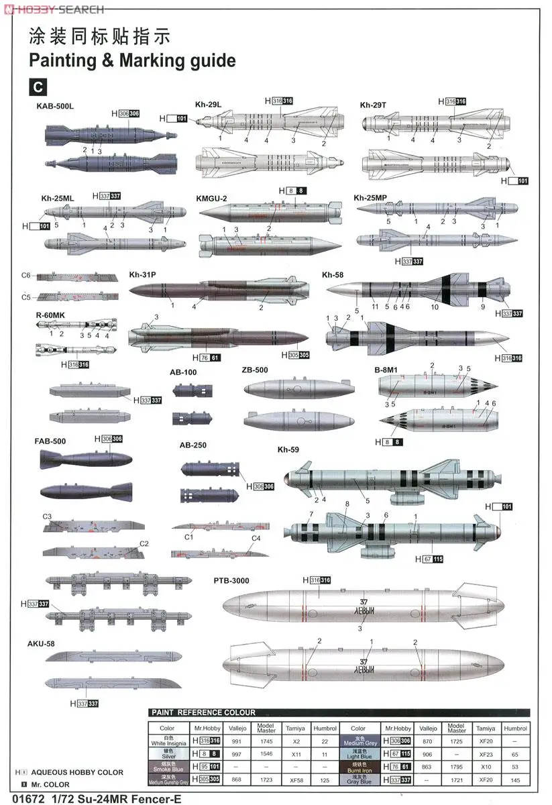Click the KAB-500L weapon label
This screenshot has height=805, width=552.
point(55,106)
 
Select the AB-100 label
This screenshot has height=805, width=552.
point(183,372)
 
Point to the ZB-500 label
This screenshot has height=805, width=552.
point(255,370)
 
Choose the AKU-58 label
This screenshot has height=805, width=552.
point(41,643)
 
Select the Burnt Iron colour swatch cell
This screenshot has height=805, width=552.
point(358,766)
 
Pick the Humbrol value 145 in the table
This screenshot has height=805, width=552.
point(514,780)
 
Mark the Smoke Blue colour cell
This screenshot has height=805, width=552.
point(167,766)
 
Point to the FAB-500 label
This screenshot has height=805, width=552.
point(50,441)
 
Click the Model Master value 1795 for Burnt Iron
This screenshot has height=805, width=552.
point(456,767)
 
